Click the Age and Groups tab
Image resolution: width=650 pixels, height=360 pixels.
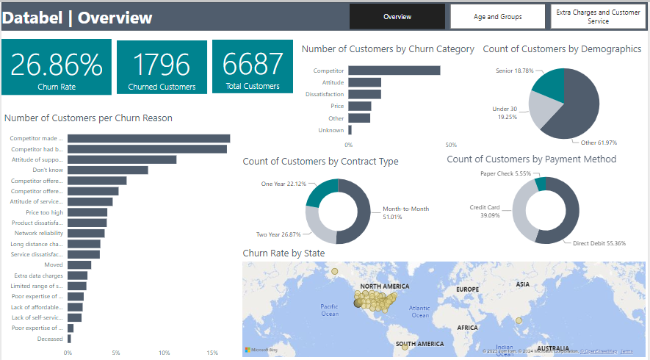(498, 16)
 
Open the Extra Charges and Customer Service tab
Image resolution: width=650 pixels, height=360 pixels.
(598, 16)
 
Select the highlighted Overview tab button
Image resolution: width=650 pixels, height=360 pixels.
(397, 16)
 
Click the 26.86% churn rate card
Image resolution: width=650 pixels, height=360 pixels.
(57, 67)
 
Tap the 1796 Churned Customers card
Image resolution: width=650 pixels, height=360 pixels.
(162, 67)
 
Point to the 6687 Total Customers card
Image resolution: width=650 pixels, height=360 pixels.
(252, 67)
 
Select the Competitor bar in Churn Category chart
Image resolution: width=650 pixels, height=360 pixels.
(394, 71)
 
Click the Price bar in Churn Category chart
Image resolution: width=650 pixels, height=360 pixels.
(359, 107)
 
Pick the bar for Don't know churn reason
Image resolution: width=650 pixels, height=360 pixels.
(108, 170)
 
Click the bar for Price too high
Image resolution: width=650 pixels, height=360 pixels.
(87, 212)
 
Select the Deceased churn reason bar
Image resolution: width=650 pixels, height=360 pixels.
(69, 339)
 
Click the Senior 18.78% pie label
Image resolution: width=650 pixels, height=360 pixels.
(513, 71)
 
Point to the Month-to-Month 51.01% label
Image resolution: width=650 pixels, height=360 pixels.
(405, 212)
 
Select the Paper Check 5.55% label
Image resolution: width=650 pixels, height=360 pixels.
(505, 173)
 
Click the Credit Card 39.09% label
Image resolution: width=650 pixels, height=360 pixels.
(485, 211)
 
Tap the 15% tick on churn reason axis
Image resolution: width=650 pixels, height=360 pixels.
(212, 353)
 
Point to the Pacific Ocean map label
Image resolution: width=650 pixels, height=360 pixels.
(330, 309)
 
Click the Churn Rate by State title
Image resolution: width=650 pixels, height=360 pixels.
(284, 253)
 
